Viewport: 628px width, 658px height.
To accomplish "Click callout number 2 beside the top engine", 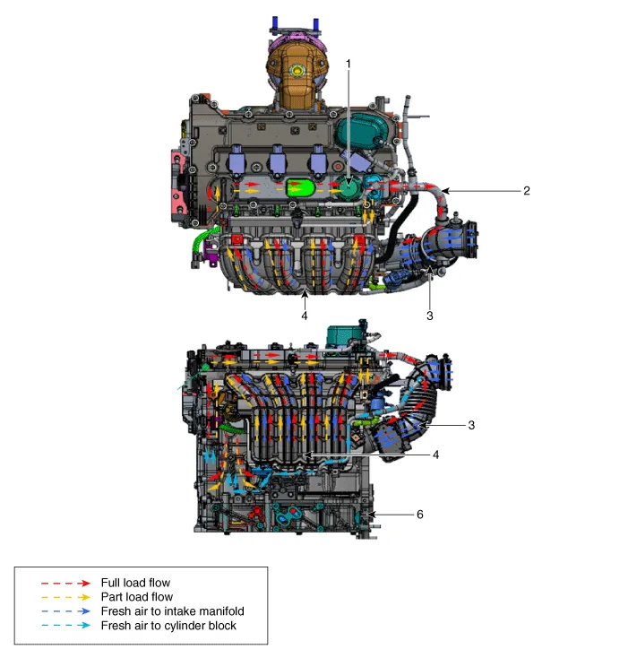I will tap(527, 190).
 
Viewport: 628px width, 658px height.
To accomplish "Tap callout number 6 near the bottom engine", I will tap(419, 515).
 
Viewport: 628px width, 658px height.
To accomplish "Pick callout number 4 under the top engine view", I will tap(305, 316).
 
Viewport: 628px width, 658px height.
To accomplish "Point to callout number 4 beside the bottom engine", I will tap(436, 455).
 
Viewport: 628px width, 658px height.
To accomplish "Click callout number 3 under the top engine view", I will tap(429, 316).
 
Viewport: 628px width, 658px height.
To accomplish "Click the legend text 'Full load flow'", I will tap(135, 583).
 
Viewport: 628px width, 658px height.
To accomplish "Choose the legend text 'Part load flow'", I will tap(136, 597).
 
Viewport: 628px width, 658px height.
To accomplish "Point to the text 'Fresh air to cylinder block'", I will tap(168, 626).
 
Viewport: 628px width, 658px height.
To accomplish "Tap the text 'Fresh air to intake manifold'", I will tap(172, 611).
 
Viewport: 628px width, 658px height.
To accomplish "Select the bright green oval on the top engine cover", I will tap(299, 189).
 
